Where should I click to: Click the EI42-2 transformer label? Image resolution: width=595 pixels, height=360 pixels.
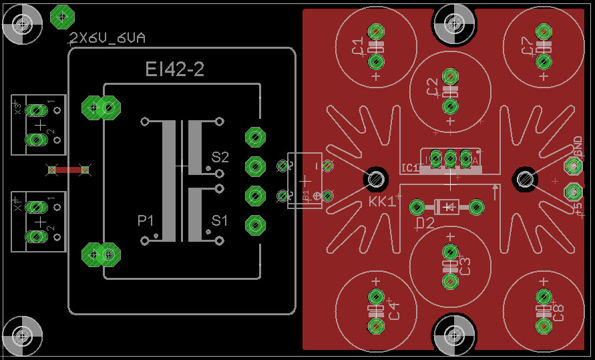(x=175, y=69)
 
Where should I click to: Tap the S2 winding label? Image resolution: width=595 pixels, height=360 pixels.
(x=220, y=158)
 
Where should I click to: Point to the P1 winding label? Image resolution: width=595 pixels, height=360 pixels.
(x=146, y=220)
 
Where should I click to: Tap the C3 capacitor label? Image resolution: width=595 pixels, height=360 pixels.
(x=465, y=266)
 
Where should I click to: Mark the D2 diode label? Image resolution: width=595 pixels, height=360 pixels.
(x=425, y=222)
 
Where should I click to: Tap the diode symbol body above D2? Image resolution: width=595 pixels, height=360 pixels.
(x=445, y=207)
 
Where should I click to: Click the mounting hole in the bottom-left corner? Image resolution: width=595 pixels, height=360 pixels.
(x=23, y=332)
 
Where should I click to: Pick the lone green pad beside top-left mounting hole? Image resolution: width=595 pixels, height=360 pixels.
(x=62, y=15)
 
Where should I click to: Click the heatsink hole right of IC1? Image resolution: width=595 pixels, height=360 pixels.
(x=525, y=179)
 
